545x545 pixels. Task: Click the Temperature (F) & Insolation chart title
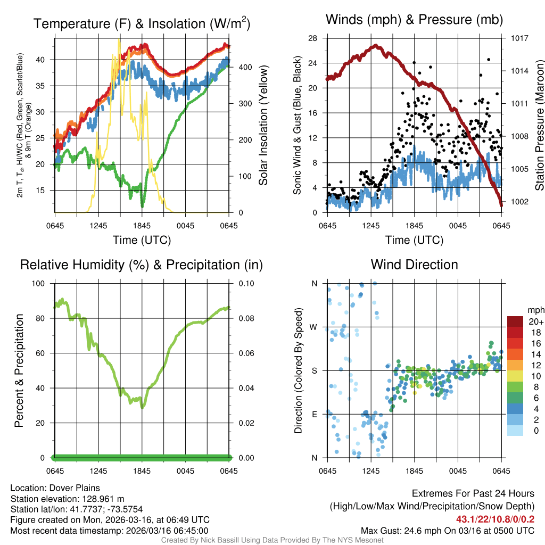[142, 23]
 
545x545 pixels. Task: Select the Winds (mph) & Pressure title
[415, 20]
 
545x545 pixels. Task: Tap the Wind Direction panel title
[414, 265]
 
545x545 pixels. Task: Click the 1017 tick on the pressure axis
[519, 38]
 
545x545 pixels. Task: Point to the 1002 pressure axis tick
[519, 202]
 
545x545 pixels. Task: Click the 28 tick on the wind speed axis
[312, 38]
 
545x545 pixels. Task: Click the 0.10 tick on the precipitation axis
[245, 284]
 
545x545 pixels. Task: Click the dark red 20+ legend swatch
[515, 321]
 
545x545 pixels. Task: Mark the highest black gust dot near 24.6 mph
[489, 60]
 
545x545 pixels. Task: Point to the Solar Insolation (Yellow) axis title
[263, 126]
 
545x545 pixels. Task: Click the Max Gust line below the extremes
[447, 530]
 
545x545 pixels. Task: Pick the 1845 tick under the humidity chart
[142, 471]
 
